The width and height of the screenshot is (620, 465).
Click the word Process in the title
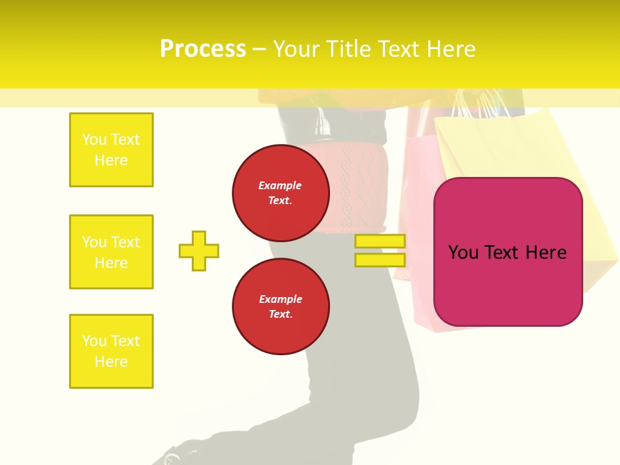[203, 49]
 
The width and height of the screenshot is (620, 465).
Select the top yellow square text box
[111, 150]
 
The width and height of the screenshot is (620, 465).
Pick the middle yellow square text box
[111, 252]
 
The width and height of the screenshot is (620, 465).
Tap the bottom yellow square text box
[111, 351]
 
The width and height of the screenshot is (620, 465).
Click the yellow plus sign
[199, 251]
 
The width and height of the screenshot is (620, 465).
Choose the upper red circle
[280, 193]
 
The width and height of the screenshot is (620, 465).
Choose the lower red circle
[280, 307]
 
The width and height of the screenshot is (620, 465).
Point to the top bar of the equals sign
[380, 242]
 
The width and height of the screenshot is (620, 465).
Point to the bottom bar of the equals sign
[380, 260]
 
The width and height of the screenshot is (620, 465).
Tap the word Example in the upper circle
[280, 185]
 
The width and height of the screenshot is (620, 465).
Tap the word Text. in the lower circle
[280, 315]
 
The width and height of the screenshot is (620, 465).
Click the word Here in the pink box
[546, 253]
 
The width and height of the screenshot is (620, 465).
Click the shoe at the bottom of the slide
[169, 457]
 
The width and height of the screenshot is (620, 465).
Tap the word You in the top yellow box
[94, 139]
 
